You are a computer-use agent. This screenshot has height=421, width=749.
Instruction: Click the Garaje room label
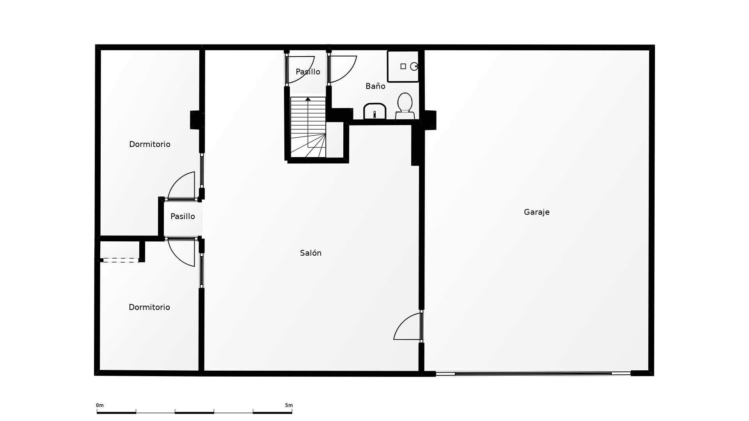pyautogui.click(x=536, y=212)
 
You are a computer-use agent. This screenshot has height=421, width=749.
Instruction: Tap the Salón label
pyautogui.click(x=311, y=253)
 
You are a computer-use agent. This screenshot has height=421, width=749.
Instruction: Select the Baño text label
pyautogui.click(x=375, y=86)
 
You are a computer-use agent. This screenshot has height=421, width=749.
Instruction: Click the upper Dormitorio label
pyautogui.click(x=150, y=144)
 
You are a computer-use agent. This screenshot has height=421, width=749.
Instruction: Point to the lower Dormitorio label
pyautogui.click(x=149, y=307)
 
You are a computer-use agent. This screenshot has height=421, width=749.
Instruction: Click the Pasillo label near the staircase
pyautogui.click(x=308, y=72)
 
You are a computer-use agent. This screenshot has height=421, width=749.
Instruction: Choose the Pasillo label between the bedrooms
pyautogui.click(x=183, y=216)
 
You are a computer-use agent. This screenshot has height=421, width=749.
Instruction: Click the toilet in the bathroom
pyautogui.click(x=405, y=106)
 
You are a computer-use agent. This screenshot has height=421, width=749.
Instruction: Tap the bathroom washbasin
pyautogui.click(x=375, y=111)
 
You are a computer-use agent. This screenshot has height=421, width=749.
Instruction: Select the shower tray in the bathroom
pyautogui.click(x=403, y=66)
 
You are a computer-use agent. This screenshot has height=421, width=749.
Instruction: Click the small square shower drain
pyautogui.click(x=403, y=66)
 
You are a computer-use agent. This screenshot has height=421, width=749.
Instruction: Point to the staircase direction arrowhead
pyautogui.click(x=308, y=99)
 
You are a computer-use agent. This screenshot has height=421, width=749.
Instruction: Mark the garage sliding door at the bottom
pyautogui.click(x=533, y=373)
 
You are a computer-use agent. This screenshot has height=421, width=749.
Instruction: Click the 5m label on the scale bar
pyautogui.click(x=289, y=405)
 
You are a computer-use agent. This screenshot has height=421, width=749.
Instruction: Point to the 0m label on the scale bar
pyautogui.click(x=100, y=405)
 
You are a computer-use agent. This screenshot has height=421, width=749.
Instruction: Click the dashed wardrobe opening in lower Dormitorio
pyautogui.click(x=121, y=260)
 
